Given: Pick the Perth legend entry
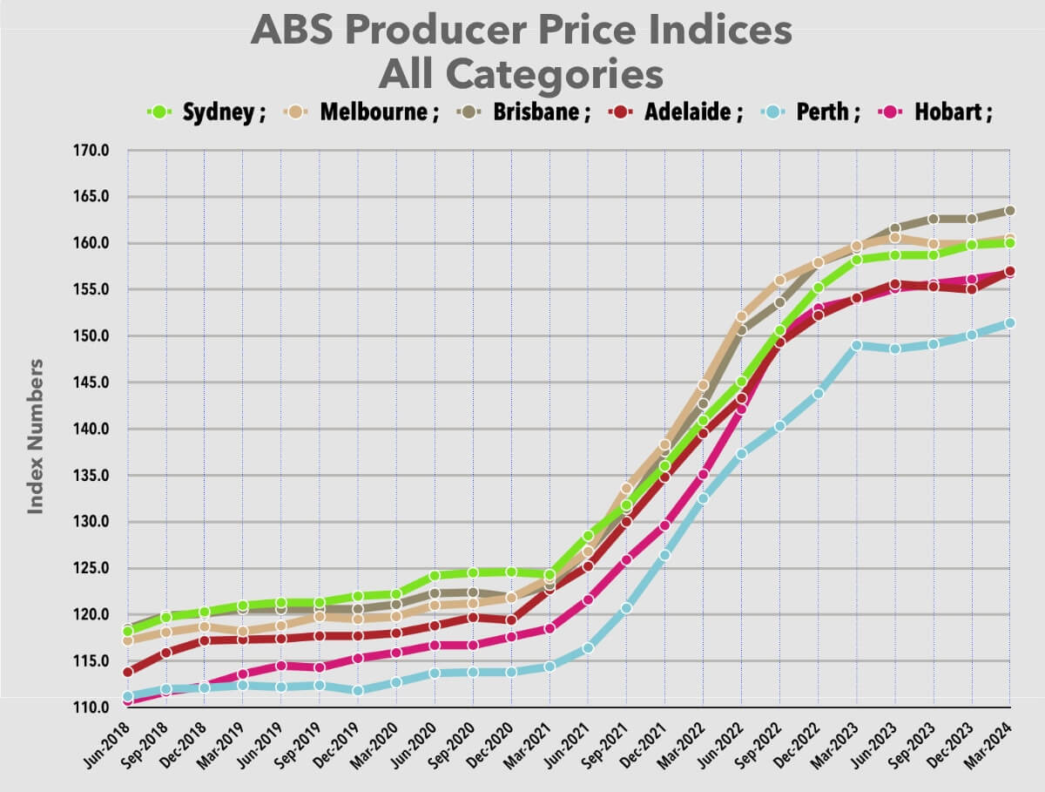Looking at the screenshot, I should (x=811, y=112).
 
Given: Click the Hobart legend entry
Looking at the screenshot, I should (x=941, y=112).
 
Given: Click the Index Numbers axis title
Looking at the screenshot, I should (x=35, y=435).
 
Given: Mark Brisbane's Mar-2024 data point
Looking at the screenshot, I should (x=1010, y=211).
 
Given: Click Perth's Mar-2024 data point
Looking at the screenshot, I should (x=1010, y=323).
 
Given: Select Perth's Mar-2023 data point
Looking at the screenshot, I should (x=857, y=345).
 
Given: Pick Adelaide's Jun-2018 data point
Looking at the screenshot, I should (x=129, y=672).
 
